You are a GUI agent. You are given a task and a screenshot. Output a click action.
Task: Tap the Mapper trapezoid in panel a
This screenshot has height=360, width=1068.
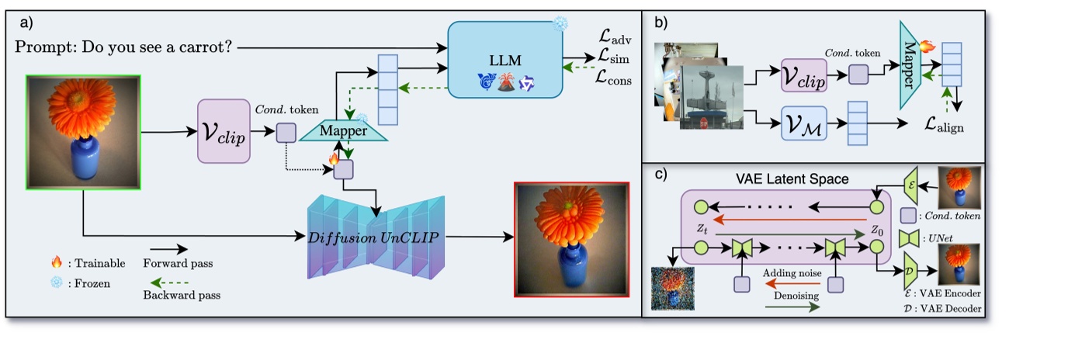click(343, 132)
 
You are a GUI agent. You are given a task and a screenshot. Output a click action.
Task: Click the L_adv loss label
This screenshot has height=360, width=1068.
click(616, 35)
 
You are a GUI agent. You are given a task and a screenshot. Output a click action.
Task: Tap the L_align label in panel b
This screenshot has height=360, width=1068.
click(944, 126)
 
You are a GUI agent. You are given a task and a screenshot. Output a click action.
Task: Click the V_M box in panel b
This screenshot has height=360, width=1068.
click(803, 123)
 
